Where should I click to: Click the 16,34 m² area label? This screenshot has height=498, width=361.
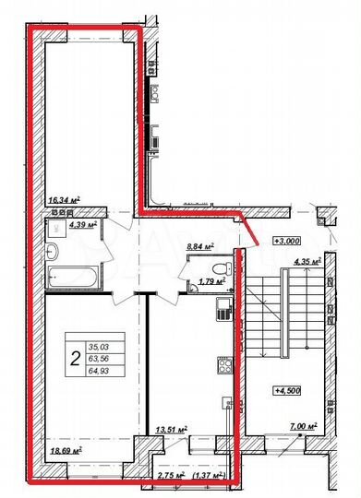point(63,198)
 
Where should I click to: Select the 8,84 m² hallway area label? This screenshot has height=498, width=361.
point(199,246)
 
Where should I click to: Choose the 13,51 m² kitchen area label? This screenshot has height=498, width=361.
point(173,429)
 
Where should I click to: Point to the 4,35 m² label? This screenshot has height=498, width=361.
point(306,262)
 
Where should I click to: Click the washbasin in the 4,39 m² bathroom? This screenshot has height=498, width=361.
point(54,250)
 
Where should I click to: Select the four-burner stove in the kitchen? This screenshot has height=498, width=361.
point(223,365)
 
